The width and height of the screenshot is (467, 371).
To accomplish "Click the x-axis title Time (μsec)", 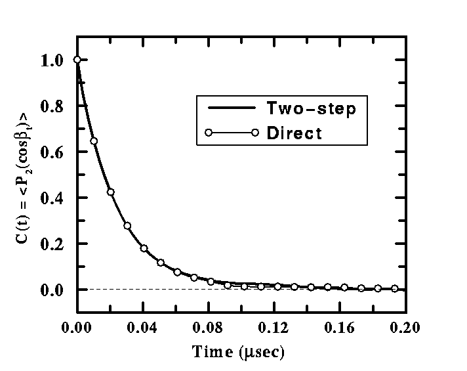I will point(238,353).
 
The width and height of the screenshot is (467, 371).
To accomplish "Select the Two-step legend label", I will point(312,108).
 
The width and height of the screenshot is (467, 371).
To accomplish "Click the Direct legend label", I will point(294,133).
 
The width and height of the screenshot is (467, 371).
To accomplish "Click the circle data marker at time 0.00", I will point(77,60).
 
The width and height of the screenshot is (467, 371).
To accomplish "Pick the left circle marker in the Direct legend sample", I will point(209,133).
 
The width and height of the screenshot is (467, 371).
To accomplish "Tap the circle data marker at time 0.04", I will point(144,248).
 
